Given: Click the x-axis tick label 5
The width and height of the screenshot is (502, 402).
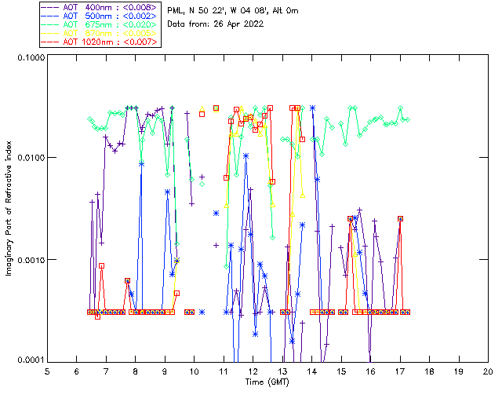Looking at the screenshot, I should pos(48,371).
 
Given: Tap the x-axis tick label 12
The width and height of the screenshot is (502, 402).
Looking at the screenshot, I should pos(253,371).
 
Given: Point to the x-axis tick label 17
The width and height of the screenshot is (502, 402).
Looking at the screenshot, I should pos(400,371).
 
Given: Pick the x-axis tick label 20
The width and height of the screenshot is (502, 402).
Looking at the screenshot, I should pos(488,371).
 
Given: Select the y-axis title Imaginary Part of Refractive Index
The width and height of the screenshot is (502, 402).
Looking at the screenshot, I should pos(11,208).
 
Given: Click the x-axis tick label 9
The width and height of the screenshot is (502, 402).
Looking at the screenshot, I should pos(165,371).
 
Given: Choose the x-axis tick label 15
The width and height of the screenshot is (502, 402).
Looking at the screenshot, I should pos(341,371).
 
